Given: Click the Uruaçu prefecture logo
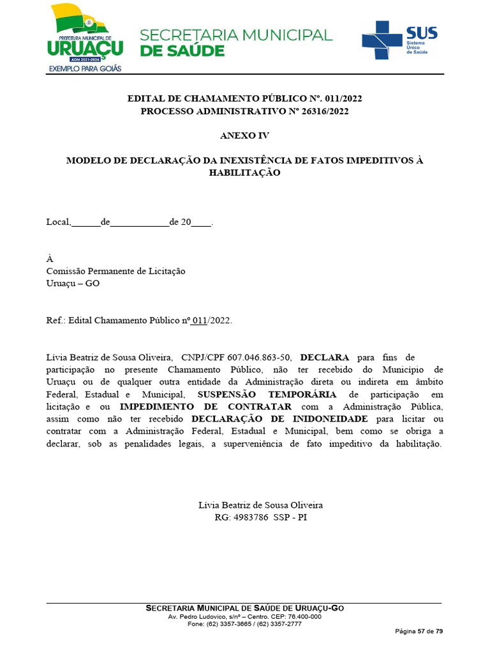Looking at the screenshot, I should point(84,37).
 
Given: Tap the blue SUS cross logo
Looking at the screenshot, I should point(382,39).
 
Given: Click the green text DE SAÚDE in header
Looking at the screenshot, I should point(182,51).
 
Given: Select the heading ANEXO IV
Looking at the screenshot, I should point(244,136).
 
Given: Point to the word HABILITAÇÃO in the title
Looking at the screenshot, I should point(244,172).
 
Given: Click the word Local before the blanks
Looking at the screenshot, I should point(57,223).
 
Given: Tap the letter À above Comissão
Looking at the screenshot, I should point(50,259).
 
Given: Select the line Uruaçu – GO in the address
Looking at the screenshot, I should point(73,283).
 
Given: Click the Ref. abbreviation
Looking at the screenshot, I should point(56,320).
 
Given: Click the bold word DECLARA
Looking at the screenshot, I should point(325,357).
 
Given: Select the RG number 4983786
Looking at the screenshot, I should point(249,517).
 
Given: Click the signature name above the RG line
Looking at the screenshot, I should point(260,505).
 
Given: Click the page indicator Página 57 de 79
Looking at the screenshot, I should point(419,631).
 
